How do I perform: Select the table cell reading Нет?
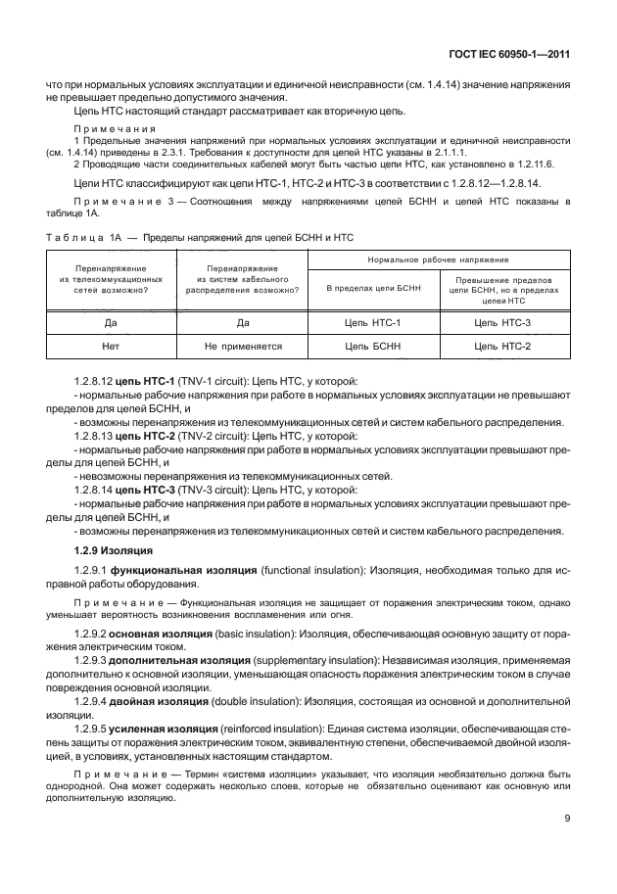pos(111,346)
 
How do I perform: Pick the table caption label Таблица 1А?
pos(82,238)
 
